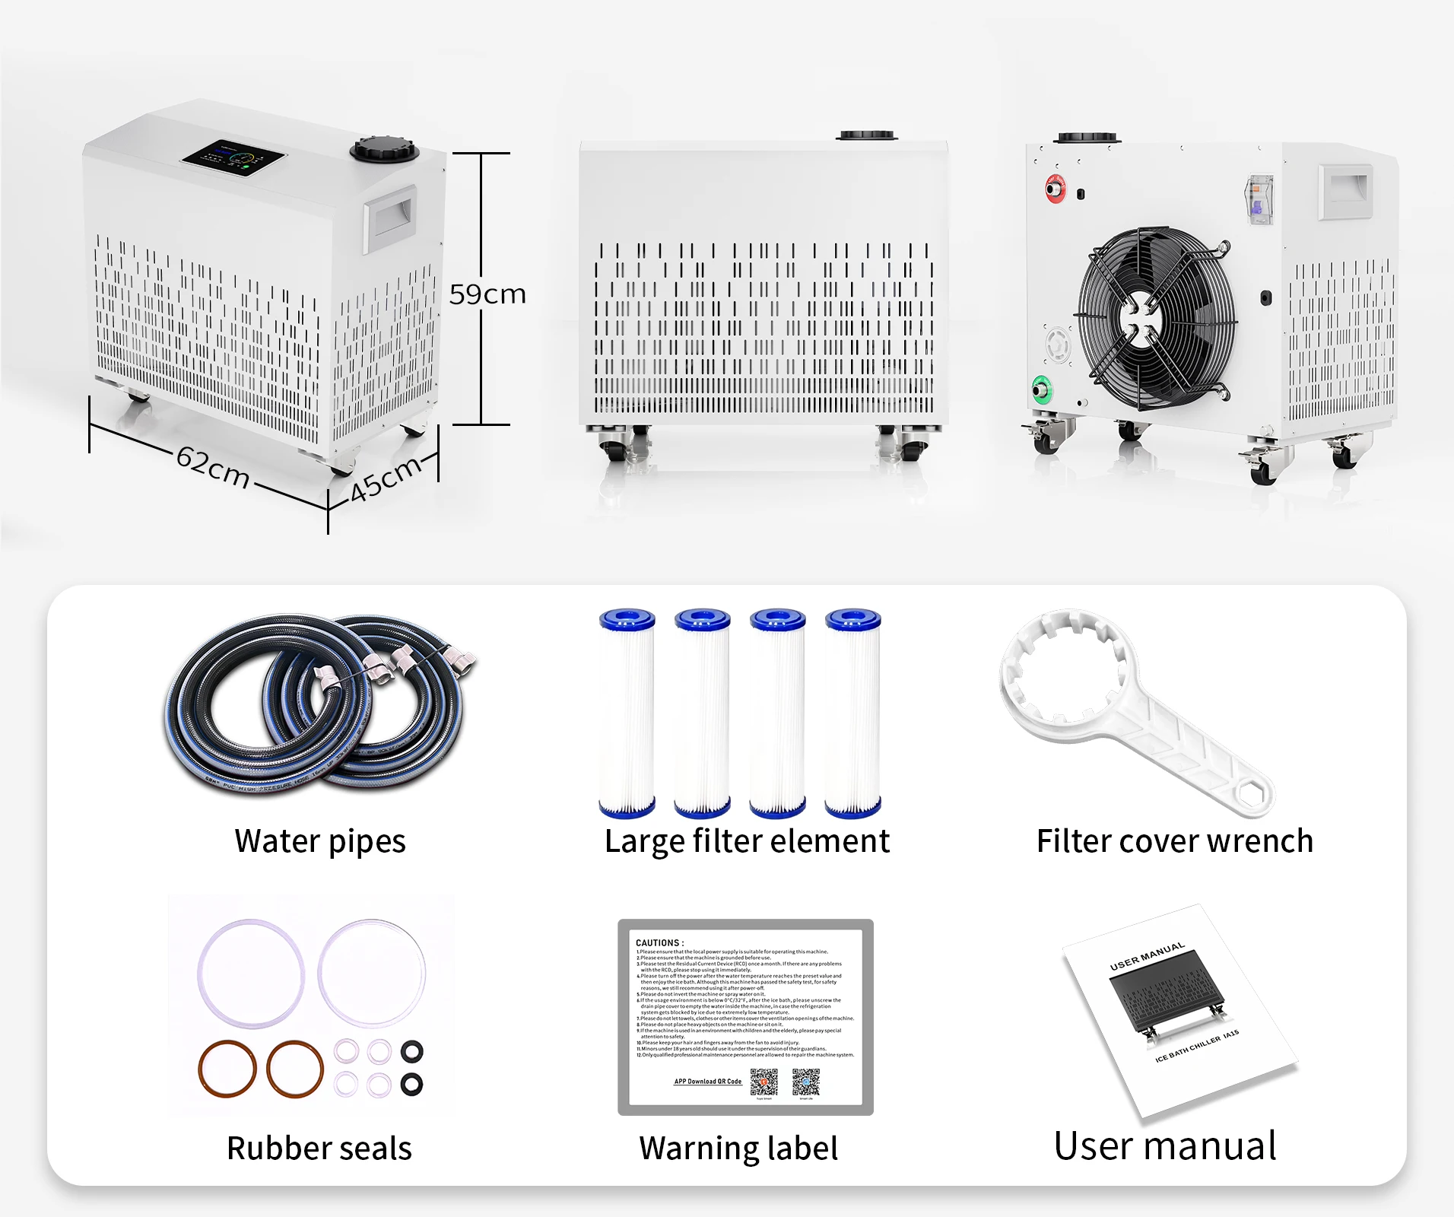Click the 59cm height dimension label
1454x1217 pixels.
point(487,294)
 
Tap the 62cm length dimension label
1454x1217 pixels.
point(213,466)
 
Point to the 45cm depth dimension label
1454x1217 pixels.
point(386,478)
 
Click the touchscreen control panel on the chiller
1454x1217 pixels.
point(233,159)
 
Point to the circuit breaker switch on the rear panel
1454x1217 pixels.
point(1259,199)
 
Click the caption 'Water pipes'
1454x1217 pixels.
point(320,841)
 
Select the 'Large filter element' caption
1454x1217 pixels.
point(747,841)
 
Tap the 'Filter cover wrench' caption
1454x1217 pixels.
point(1175,841)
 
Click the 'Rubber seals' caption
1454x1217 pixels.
point(319,1149)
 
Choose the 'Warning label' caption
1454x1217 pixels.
point(738,1149)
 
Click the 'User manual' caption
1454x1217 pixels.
point(1165,1146)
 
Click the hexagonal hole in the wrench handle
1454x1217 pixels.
point(1249,793)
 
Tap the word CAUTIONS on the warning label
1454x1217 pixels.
point(659,942)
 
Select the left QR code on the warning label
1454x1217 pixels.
point(764,1082)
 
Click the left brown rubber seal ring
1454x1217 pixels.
point(227,1069)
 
